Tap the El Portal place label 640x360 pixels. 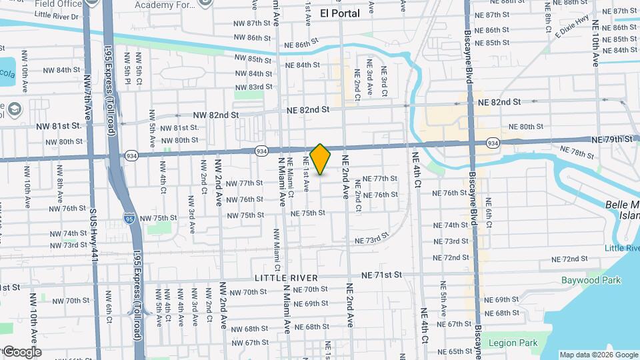click(x=340, y=13)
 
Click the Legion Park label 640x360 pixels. click(x=513, y=343)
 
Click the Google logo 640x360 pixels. click(x=21, y=351)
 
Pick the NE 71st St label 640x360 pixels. click(x=381, y=275)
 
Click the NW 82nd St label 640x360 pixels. click(x=215, y=115)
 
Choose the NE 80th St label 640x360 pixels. click(x=526, y=127)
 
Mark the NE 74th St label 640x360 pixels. click(x=451, y=225)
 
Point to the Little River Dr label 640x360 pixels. click(x=56, y=15)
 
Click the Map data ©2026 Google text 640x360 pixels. click(x=599, y=355)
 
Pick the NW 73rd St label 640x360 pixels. click(x=68, y=245)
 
